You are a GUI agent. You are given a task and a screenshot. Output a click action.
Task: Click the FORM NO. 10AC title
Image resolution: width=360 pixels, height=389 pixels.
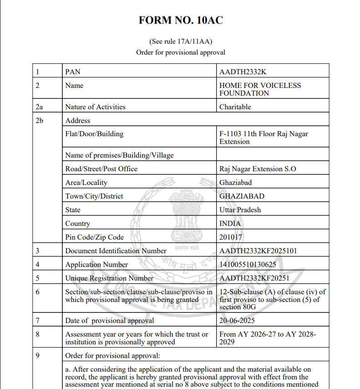[x=181, y=20]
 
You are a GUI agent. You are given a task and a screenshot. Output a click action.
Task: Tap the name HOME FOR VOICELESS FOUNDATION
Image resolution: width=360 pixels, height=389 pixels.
[x=260, y=89]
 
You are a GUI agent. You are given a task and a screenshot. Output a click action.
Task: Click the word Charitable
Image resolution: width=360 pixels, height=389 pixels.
[x=235, y=107]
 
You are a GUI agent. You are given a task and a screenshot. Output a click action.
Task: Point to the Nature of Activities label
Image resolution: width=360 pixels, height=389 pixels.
[x=95, y=107]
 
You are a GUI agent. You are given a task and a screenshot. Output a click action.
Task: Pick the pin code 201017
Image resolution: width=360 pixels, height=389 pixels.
[x=231, y=237]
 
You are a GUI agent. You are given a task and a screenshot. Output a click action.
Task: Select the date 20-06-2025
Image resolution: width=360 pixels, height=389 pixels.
[x=237, y=321]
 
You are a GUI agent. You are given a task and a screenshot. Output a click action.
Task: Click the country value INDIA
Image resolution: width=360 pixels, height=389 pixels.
[x=230, y=224]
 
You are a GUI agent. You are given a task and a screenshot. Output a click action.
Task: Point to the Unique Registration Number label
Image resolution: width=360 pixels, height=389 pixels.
[x=109, y=278]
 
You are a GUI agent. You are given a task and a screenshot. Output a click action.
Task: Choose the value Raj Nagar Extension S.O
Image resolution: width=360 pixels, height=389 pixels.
[x=258, y=169]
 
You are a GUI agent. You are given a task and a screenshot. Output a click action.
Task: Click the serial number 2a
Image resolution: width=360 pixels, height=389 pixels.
[x=40, y=107]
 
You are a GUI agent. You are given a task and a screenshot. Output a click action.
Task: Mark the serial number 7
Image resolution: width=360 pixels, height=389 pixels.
[x=37, y=321]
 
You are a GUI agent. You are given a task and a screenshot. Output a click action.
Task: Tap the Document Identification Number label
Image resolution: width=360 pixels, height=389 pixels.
[x=116, y=251]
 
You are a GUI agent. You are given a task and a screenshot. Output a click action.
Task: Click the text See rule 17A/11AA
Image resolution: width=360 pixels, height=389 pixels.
[x=181, y=41]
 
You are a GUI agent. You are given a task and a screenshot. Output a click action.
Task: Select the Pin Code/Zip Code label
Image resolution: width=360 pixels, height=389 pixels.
[x=94, y=237]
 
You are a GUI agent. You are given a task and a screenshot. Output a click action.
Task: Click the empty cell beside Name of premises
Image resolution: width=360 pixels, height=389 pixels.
[x=272, y=155]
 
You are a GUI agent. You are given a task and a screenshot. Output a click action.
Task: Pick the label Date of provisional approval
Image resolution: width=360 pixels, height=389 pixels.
[x=110, y=321]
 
